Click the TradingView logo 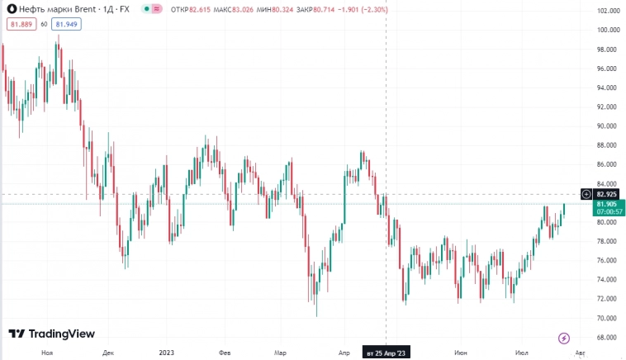pos(51,334)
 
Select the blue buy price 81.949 pos(65,25)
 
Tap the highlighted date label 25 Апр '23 pos(387,353)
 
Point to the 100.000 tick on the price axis pos(608,30)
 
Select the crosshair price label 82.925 pos(607,194)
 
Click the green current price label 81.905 pos(607,204)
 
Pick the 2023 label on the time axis pos(166,353)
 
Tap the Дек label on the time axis pos(108,353)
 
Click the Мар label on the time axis pos(281,353)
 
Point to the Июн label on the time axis pos(461,353)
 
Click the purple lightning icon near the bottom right pos(564,338)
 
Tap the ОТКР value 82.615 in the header pos(202,9)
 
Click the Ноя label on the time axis pos(47,353)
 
